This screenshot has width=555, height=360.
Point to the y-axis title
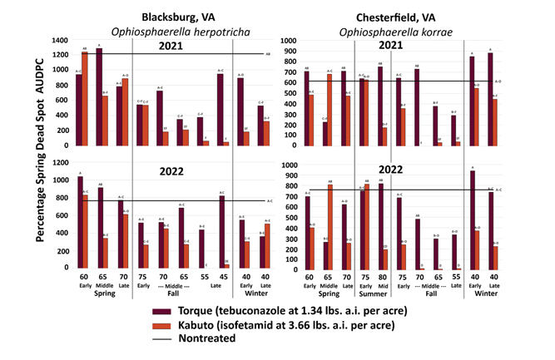39,155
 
